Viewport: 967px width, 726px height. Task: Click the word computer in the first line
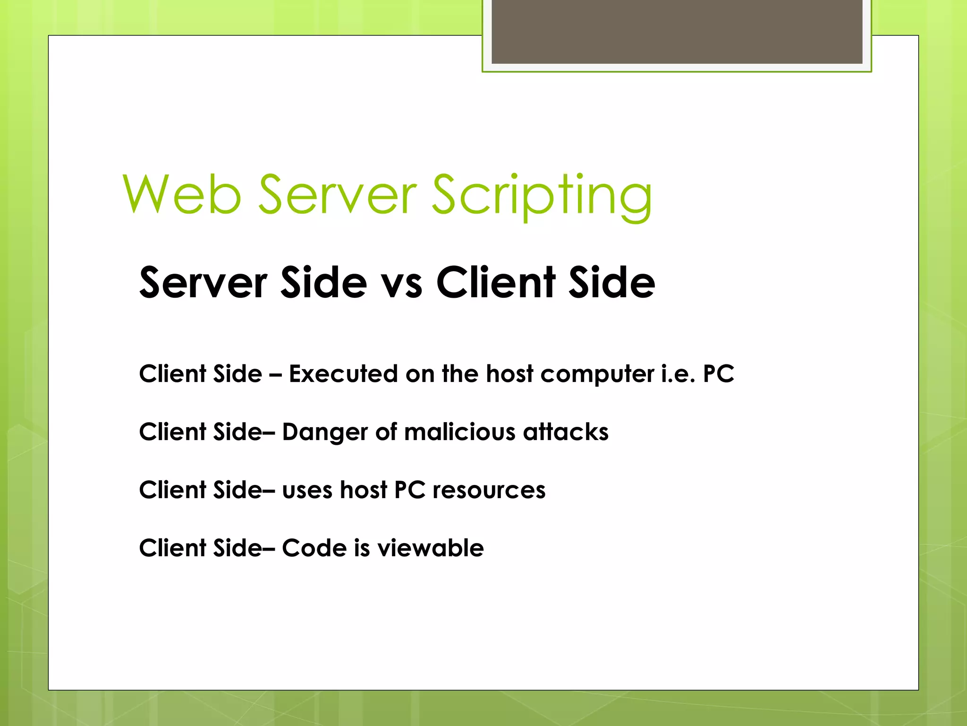coord(597,375)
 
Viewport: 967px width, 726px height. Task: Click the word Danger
coord(325,432)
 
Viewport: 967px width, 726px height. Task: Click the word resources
coord(489,490)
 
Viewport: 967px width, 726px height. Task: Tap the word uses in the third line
coord(307,490)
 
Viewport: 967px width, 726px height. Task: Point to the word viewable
coord(430,548)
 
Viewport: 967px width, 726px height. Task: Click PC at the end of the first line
coord(718,374)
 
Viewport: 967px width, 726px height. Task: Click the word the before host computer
coord(460,374)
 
